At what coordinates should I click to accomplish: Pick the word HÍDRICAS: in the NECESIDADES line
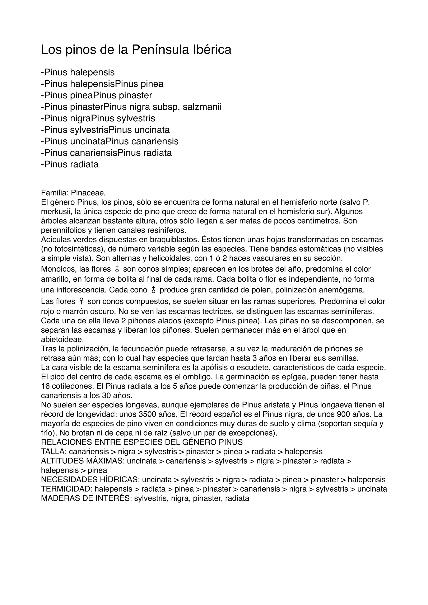pos(121,480)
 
